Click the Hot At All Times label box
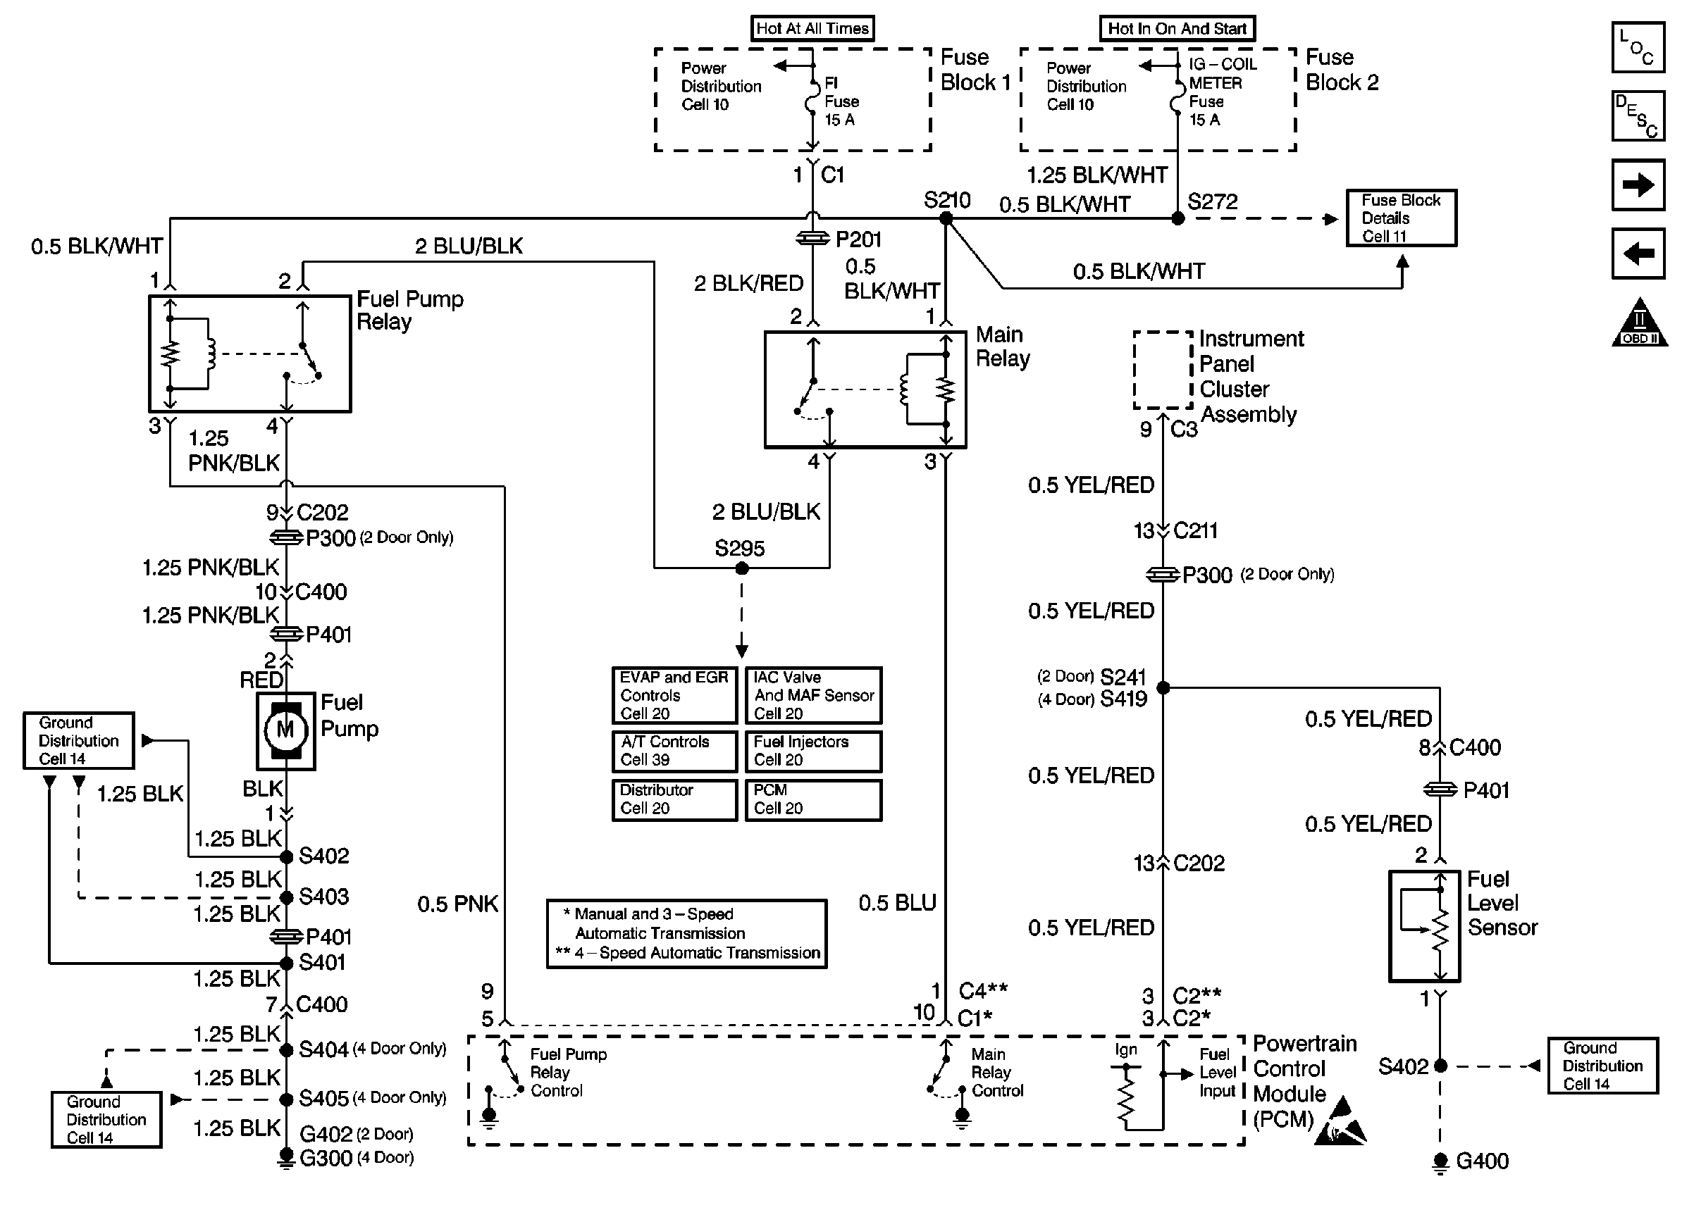coord(812,28)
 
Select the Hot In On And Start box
coord(1177,28)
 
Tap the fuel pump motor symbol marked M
coord(285,730)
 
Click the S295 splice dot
coord(741,568)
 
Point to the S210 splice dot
coord(946,218)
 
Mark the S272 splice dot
coord(1177,218)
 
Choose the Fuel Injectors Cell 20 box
coord(813,751)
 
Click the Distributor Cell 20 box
coord(674,799)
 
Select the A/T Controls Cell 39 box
coord(674,751)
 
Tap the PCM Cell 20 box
coord(813,799)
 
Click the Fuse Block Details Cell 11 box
coord(1401,218)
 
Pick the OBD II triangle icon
coord(1640,325)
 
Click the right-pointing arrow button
coord(1638,185)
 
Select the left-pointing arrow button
coord(1638,254)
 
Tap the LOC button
coord(1638,47)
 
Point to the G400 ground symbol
coord(1440,1161)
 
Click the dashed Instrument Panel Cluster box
coord(1163,370)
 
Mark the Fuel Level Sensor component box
coord(1424,926)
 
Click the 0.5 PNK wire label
coord(457,904)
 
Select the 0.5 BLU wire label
coord(896,903)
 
